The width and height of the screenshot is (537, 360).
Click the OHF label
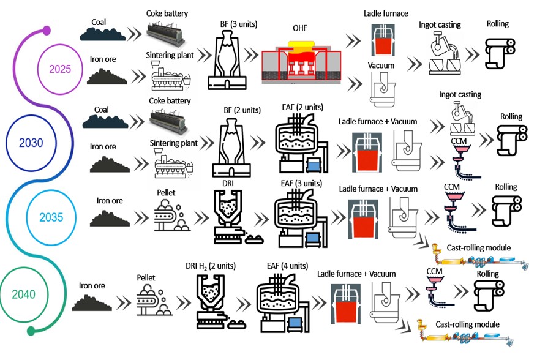pyautogui.click(x=299, y=28)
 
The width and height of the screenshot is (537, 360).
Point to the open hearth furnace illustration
pyautogui.click(x=301, y=62)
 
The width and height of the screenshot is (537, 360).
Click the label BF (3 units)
pyautogui.click(x=239, y=24)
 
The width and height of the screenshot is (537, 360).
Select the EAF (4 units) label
pyautogui.click(x=287, y=266)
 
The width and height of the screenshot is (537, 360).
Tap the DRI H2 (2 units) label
pyautogui.click(x=211, y=266)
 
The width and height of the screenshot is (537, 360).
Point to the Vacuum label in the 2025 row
pyautogui.click(x=381, y=66)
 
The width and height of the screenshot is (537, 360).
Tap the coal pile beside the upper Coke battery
pyautogui.click(x=103, y=34)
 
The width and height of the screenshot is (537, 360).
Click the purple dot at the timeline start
pyautogui.click(x=47, y=31)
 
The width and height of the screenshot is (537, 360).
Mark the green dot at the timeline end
pyautogui.click(x=31, y=331)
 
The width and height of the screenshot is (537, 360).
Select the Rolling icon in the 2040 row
pyautogui.click(x=489, y=295)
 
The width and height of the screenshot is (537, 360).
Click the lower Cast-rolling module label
pyautogui.click(x=467, y=324)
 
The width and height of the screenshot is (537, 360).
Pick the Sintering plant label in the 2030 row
pyautogui.click(x=174, y=143)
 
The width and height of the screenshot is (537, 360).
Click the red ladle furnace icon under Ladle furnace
pyautogui.click(x=383, y=40)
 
